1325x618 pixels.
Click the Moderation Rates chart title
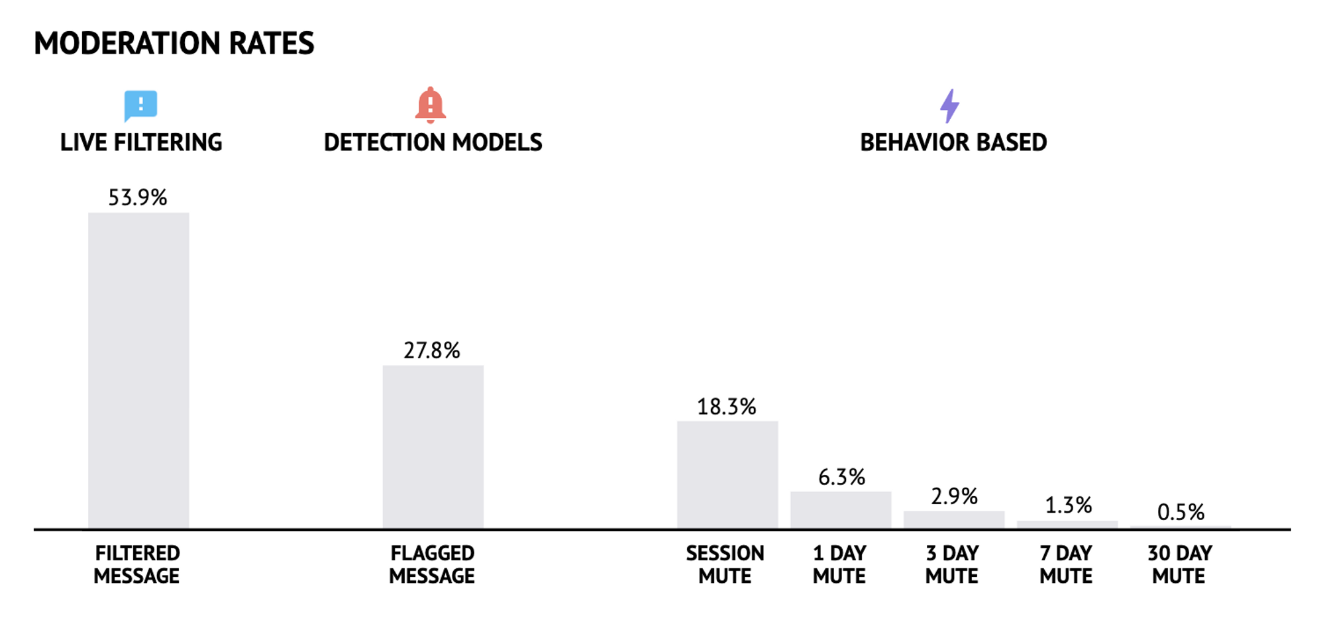pyautogui.click(x=174, y=44)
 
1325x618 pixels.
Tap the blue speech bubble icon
pyautogui.click(x=140, y=105)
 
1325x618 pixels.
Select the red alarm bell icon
pyautogui.click(x=430, y=105)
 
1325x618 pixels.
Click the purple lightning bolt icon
pyautogui.click(x=949, y=106)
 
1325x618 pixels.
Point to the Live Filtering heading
pyautogui.click(x=141, y=142)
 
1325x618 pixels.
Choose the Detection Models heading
pyautogui.click(x=433, y=142)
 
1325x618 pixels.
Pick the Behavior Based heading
pyautogui.click(x=953, y=142)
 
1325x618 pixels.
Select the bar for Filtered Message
pyautogui.click(x=138, y=371)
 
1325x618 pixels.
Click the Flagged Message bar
pyautogui.click(x=433, y=447)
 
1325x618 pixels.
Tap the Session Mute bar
pyautogui.click(x=727, y=475)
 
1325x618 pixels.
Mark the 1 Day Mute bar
pyautogui.click(x=840, y=510)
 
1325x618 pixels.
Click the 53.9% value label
pyautogui.click(x=138, y=197)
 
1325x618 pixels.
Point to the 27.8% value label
pyautogui.click(x=432, y=350)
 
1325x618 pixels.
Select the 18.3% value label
pyautogui.click(x=726, y=407)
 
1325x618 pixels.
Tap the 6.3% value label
pyautogui.click(x=841, y=477)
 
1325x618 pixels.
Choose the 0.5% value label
pyautogui.click(x=1181, y=512)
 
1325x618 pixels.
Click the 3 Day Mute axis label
pyautogui.click(x=952, y=564)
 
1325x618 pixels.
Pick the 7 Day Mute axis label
pyautogui.click(x=1065, y=564)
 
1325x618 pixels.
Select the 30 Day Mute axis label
pyautogui.click(x=1179, y=564)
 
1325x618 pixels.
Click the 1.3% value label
pyautogui.click(x=1068, y=505)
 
